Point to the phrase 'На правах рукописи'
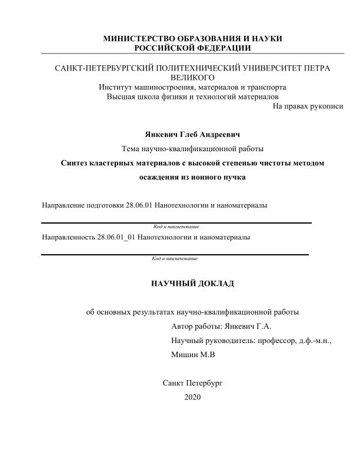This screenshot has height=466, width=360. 308,106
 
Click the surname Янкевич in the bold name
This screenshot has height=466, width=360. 154,134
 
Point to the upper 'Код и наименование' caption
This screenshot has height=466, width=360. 176,227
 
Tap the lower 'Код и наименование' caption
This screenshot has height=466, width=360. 174,259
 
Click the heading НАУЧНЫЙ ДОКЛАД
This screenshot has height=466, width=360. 192,284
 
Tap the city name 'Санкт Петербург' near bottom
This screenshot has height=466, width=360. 192,383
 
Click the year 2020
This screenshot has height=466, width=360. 192,397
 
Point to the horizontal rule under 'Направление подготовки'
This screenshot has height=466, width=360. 176,222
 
